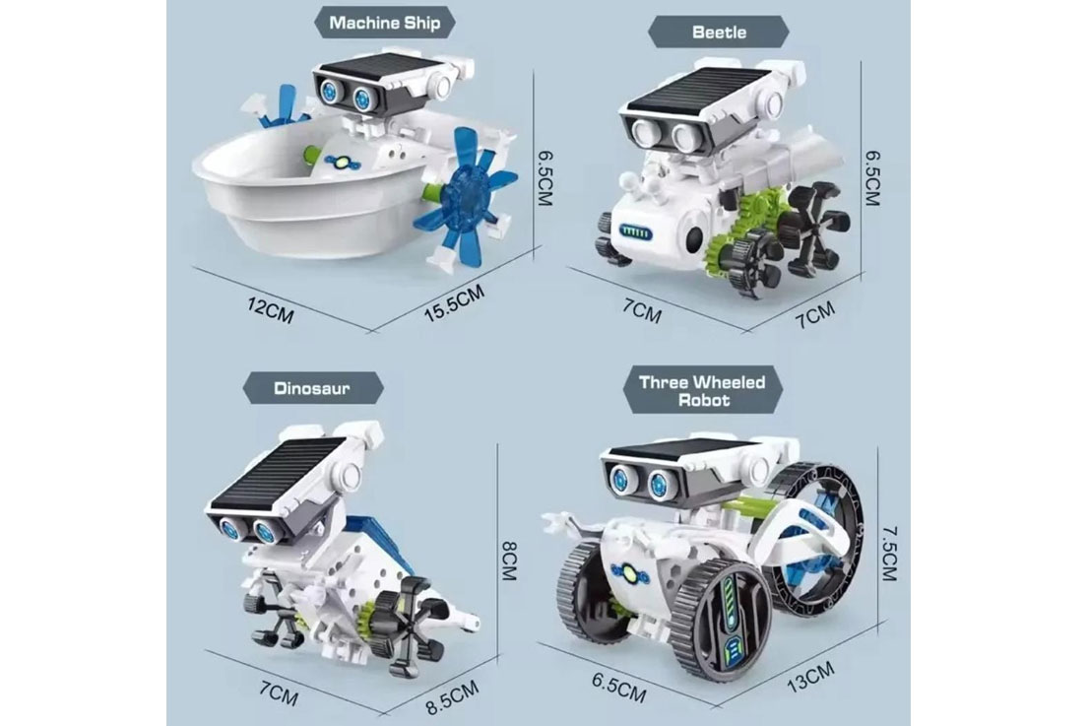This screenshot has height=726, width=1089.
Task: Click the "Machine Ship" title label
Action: click(x=384, y=23)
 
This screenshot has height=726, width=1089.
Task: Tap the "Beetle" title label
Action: click(x=718, y=32)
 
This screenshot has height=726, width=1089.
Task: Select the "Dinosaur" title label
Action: click(x=312, y=388)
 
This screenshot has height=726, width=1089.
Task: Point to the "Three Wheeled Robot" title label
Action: click(x=702, y=391)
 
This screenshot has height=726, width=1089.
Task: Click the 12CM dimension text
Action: click(x=271, y=310)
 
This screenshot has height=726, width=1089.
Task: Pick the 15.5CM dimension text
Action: click(x=454, y=302)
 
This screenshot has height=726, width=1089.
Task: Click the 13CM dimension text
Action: click(x=810, y=677)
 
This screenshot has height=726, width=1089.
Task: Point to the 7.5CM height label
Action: click(x=890, y=553)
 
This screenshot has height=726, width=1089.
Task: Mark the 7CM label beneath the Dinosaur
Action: click(x=278, y=692)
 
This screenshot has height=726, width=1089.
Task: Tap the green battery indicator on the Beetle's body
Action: click(x=635, y=232)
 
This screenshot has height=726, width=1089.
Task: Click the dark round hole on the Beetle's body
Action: click(x=692, y=240)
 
